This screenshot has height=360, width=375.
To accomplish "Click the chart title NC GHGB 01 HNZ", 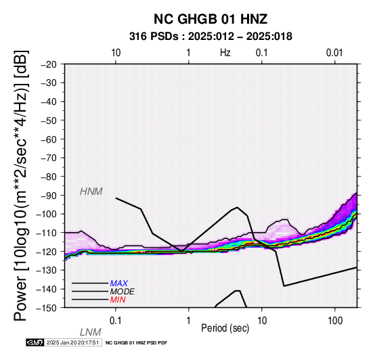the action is point(211,19).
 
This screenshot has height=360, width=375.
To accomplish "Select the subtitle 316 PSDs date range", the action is point(211,37).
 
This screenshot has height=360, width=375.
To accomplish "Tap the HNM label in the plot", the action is point(91,192).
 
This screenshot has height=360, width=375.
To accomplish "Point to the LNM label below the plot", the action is point(91,332).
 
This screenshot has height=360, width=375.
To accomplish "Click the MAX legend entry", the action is point(119,284).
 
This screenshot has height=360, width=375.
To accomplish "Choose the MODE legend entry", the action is point(123,292).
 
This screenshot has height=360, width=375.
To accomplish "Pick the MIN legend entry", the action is point(118,300).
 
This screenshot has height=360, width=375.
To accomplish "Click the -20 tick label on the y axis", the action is point(48,64).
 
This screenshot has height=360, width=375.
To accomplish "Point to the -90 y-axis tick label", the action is point(48,196).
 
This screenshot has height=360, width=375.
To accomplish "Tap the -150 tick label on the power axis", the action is point(46,308).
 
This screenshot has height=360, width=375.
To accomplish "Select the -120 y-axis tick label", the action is point(46,252).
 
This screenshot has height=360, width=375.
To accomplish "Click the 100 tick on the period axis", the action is point(335,321).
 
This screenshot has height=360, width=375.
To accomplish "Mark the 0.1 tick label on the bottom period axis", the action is point(116,321).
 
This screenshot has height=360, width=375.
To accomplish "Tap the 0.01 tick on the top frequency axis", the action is point(334,53).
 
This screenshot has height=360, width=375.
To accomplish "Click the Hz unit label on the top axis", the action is point(225,53).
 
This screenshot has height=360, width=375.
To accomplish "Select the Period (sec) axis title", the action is point(225,328).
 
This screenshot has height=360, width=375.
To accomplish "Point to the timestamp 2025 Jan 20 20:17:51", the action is point(72,343).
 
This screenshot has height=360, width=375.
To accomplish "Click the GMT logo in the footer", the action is point(35,343).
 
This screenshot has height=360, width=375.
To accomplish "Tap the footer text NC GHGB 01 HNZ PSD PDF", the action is point(136,343).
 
